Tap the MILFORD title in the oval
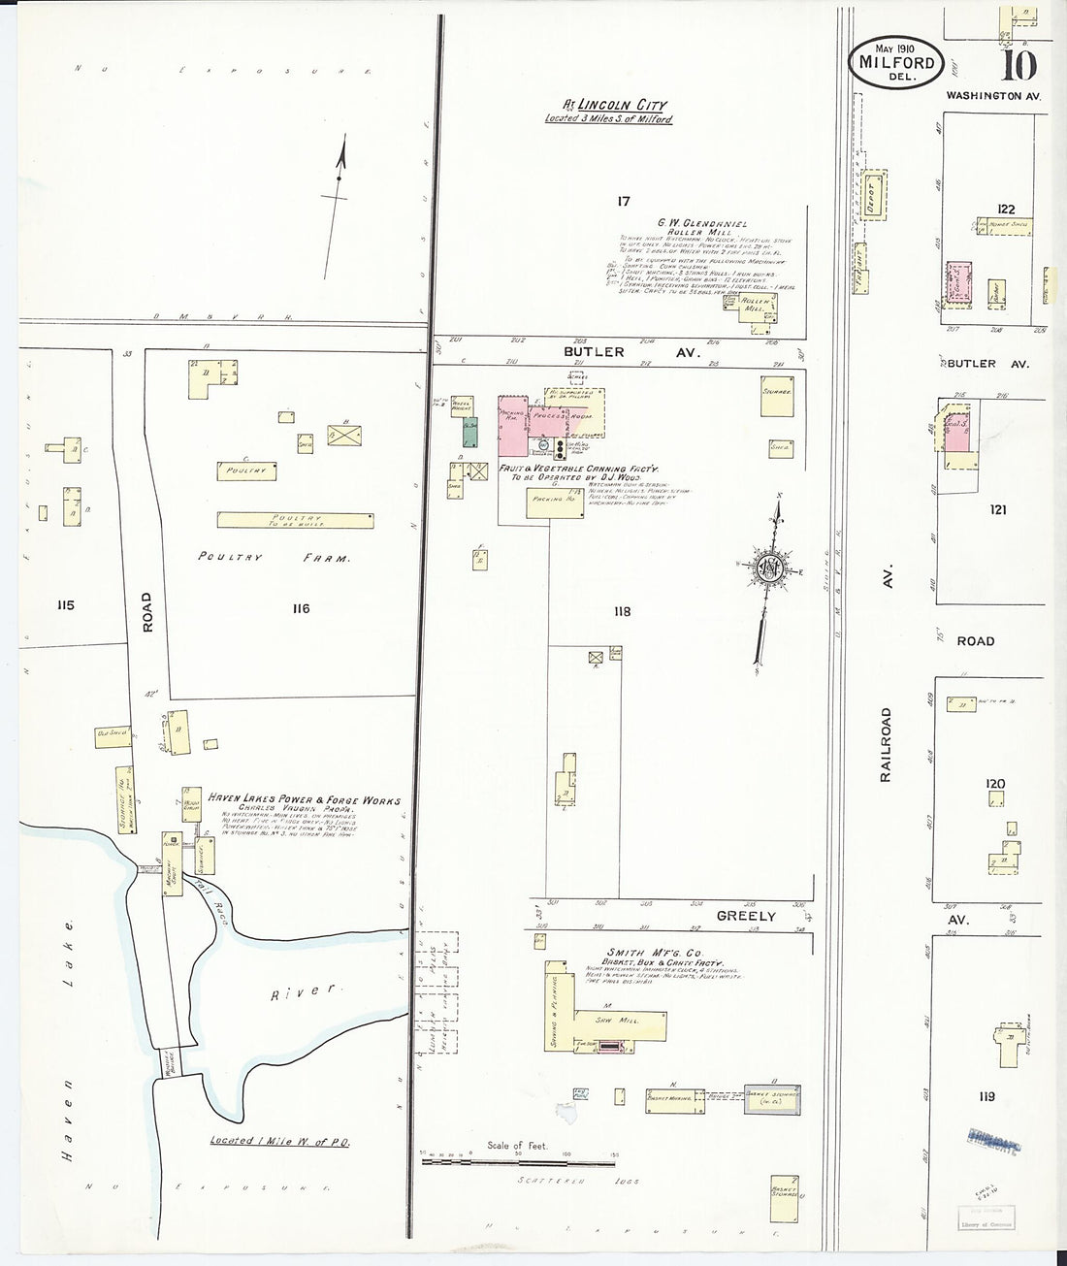point(897,63)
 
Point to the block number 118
point(621,611)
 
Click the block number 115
point(65,605)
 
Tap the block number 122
point(1005,209)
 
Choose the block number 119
point(986,1097)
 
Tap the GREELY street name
point(746,915)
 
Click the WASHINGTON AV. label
point(993,96)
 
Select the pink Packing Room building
point(513,423)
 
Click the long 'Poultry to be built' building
point(298,520)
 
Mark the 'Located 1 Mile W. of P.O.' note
point(280,1141)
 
